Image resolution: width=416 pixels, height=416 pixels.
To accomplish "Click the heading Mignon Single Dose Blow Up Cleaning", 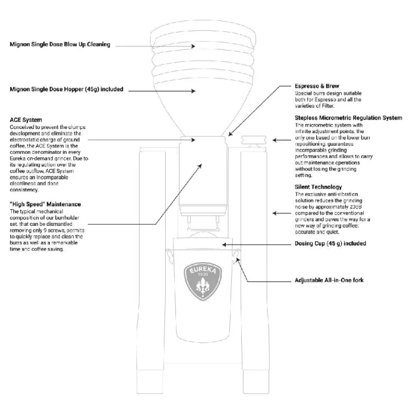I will tap(60, 45).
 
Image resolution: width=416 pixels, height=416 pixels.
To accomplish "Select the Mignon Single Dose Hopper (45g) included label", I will tap(66, 90).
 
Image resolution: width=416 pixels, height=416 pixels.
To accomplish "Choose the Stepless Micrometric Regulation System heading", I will tap(348, 118).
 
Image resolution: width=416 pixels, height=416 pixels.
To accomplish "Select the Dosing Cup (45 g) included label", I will tap(330, 244).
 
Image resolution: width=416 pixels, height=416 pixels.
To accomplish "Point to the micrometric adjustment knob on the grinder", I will tap(254, 141).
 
